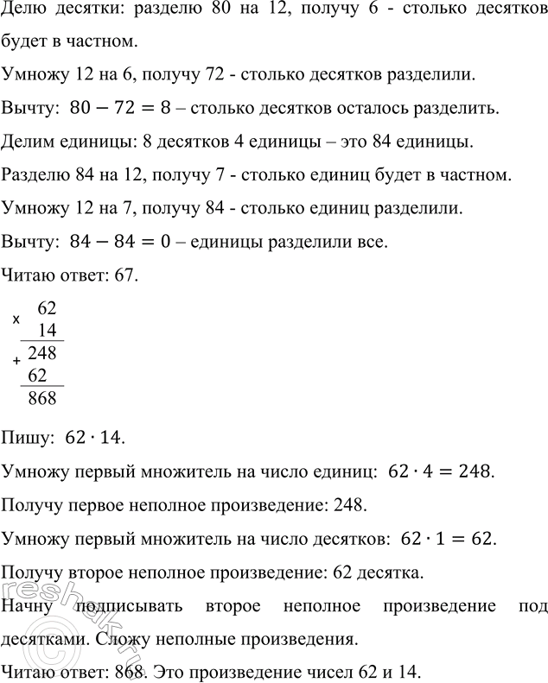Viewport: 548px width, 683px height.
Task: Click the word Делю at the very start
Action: (x=23, y=14)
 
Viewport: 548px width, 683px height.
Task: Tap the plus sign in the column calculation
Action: (x=17, y=361)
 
